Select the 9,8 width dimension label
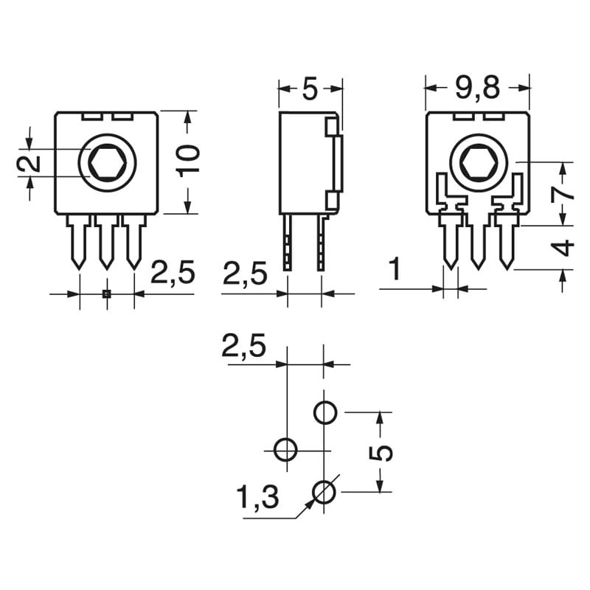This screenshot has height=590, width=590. click(477, 88)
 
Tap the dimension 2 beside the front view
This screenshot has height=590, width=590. click(29, 164)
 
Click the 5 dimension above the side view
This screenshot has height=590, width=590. click(310, 88)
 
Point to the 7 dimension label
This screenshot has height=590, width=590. click(563, 192)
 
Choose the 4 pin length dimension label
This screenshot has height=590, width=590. click(563, 247)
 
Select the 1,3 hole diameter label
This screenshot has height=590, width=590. click(258, 499)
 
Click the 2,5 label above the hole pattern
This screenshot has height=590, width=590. click(243, 347)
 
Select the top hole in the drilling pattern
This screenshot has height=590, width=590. click(325, 412)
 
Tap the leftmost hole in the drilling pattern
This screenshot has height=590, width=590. click(285, 448)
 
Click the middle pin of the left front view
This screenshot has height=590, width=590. click(106, 242)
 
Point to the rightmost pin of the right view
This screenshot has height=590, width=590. click(506, 242)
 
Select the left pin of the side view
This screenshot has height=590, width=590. click(288, 242)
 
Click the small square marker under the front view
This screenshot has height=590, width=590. click(106, 294)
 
